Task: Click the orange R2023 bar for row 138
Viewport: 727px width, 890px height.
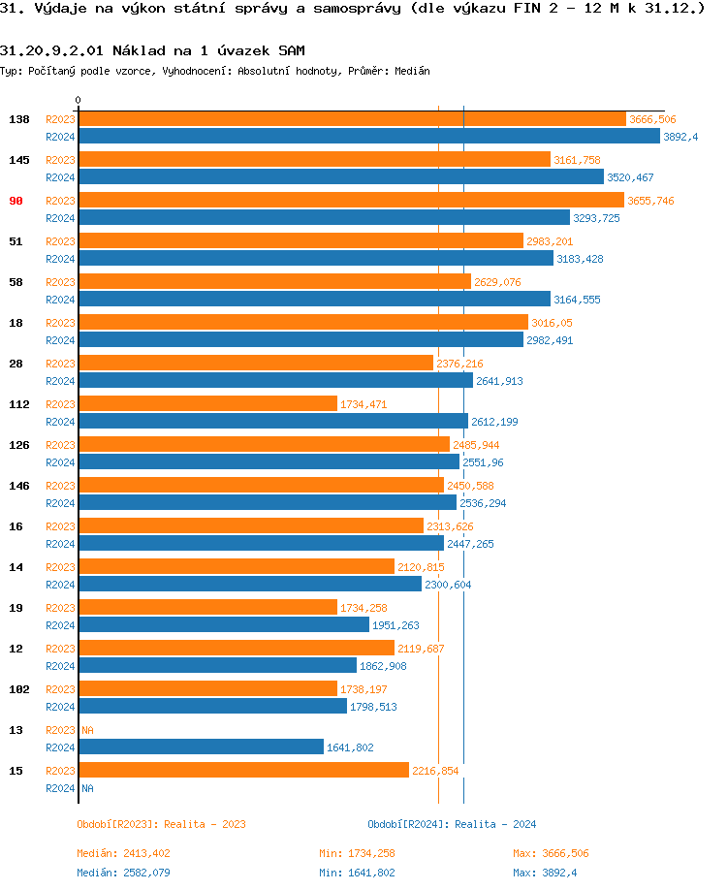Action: (x=352, y=119)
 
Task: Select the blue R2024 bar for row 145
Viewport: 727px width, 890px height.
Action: (x=341, y=177)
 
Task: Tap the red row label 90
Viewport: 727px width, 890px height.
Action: (x=16, y=201)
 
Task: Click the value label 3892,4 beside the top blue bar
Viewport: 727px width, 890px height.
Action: (x=680, y=137)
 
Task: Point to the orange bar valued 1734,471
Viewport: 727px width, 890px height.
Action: (x=207, y=404)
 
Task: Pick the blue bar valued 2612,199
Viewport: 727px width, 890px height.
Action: (x=273, y=422)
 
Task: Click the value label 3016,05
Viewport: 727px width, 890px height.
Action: (x=552, y=323)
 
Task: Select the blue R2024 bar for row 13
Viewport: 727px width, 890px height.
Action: (x=201, y=747)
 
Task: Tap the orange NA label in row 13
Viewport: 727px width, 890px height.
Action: (x=87, y=730)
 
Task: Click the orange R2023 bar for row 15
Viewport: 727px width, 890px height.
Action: (x=243, y=771)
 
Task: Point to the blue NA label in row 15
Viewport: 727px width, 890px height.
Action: (x=87, y=788)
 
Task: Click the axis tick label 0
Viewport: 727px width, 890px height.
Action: (x=79, y=101)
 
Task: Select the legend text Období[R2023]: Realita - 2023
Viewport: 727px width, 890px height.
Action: (x=161, y=824)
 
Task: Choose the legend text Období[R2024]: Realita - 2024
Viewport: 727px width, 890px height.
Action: (x=452, y=824)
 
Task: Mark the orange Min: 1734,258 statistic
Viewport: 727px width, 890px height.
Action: (x=357, y=853)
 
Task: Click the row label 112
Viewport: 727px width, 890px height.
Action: (x=19, y=404)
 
